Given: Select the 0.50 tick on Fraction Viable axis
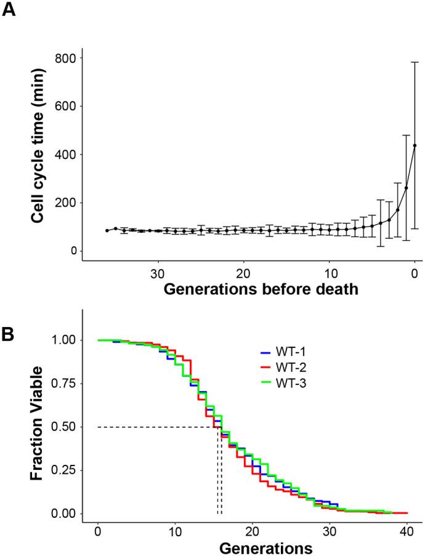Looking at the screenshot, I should coord(62,427).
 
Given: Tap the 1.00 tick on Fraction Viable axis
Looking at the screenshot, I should coord(62,340).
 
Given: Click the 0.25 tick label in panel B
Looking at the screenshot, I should coord(62,470).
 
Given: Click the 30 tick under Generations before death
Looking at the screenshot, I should coord(158,273).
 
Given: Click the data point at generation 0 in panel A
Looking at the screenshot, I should coord(415,145).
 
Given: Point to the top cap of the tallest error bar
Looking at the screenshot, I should coord(415,62).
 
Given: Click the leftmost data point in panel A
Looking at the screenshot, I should coord(107,230).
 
